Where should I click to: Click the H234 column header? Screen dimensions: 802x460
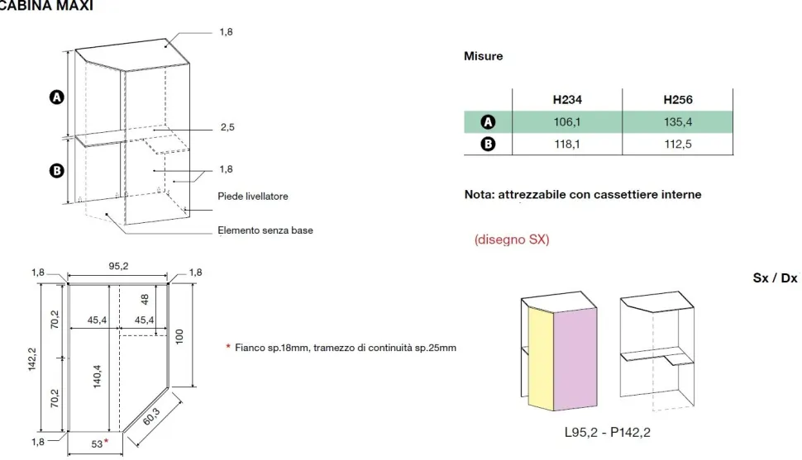pos(567,100)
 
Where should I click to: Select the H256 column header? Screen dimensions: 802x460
pos(678,100)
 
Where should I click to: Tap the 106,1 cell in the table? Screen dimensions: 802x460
pos(566,122)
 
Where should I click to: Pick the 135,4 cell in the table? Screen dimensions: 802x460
pos(678,122)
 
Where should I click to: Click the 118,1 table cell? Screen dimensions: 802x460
pos(566,145)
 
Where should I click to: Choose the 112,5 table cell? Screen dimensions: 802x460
pos(678,145)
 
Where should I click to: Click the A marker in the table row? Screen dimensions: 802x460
pos(488,122)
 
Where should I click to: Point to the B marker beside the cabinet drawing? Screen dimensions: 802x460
pos(57,171)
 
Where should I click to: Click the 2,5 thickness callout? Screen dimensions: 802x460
pos(227,127)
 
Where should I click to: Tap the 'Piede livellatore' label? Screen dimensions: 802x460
pos(253,197)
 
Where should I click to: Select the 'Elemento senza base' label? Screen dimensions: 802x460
pos(265,230)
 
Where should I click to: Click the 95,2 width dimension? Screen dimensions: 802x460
pos(118,266)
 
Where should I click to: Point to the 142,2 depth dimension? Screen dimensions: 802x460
pos(32,358)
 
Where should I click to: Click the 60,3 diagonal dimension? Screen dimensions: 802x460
pos(152,416)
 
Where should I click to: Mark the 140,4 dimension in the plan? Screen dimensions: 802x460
pos(98,377)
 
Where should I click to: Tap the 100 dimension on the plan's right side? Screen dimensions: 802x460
pos(179,336)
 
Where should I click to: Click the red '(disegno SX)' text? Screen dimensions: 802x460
pos(512,239)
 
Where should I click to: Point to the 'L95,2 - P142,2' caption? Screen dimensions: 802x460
pos(608,433)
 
